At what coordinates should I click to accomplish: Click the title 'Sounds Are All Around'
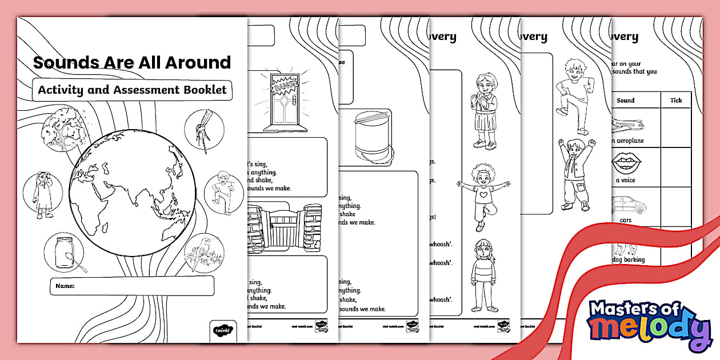[x=132, y=62]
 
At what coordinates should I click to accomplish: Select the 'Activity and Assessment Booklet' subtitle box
[x=132, y=90]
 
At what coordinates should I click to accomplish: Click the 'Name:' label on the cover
[x=66, y=285]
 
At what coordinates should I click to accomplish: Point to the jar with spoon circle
[x=64, y=256]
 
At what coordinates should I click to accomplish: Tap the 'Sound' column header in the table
[x=626, y=101]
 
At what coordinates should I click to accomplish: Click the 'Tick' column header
[x=675, y=101]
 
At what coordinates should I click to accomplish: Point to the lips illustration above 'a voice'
[x=626, y=164]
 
